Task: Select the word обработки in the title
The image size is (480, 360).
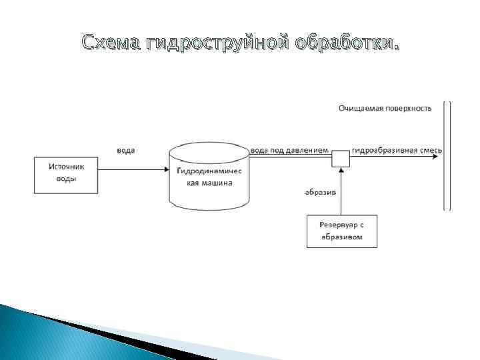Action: [x=347, y=45]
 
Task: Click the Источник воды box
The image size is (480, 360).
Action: [x=66, y=175]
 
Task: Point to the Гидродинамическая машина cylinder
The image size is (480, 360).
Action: [x=209, y=175]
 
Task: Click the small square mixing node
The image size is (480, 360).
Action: [x=341, y=159]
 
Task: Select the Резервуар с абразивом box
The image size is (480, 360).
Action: [x=341, y=231]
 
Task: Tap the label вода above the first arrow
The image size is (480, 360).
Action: [x=125, y=151]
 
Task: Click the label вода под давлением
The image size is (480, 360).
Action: [x=289, y=151]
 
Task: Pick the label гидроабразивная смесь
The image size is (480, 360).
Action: [x=397, y=151]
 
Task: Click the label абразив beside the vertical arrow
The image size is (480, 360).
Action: [x=320, y=193]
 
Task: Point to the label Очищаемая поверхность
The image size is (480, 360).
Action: [x=385, y=107]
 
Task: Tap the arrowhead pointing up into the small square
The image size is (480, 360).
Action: [x=341, y=171]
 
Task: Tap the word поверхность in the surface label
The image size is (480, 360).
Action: [x=408, y=107]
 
